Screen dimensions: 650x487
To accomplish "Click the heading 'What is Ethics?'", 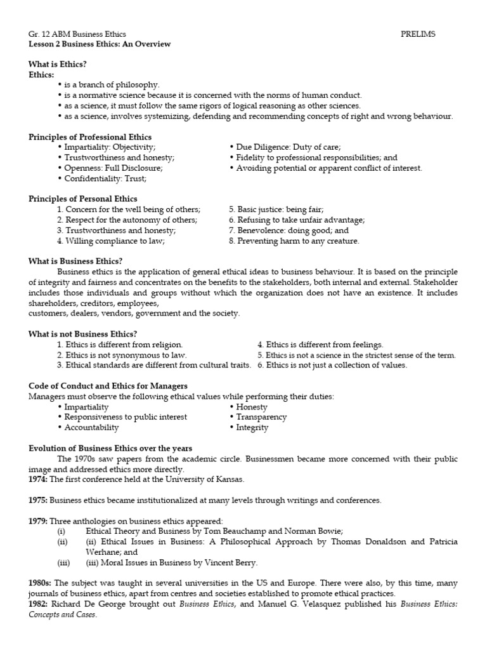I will coord(58,64).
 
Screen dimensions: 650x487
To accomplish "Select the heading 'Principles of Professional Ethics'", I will coord(90,136).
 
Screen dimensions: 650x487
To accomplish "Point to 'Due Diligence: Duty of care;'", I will coord(289,147).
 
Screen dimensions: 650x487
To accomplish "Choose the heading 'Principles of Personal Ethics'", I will coord(82,199).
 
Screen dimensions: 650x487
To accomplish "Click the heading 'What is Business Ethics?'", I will coord(75,261).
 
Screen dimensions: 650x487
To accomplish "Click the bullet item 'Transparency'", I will coord(261,417).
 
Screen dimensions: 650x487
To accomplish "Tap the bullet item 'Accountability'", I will coord(91,428).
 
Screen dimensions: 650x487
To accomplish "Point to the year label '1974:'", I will coord(39,479).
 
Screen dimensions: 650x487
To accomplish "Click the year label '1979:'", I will coord(39,521).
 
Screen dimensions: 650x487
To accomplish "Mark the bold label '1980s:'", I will coord(41,583).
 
